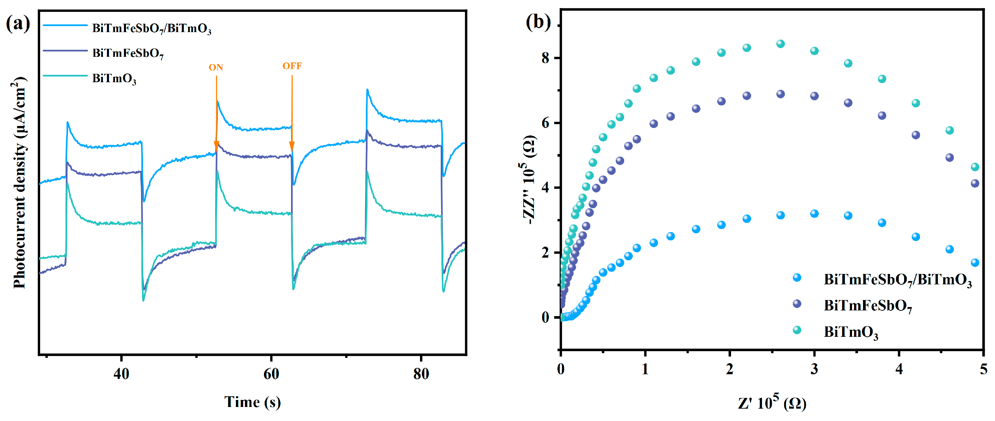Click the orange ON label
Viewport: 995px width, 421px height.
(216, 67)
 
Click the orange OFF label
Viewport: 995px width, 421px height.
(292, 66)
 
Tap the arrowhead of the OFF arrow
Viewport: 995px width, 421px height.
(292, 146)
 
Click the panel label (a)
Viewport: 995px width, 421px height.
(18, 24)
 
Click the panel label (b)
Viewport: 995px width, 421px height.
(538, 22)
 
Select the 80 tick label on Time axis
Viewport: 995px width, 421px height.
(421, 374)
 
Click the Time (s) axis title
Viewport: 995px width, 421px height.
(253, 402)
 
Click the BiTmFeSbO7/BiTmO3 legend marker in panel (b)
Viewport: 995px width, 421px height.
(797, 278)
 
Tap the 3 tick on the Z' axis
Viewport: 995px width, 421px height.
(814, 369)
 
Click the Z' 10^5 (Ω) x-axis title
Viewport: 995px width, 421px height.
(772, 403)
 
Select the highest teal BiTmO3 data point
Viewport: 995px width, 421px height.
(780, 44)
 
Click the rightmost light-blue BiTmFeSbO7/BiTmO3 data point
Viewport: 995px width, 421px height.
(975, 263)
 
